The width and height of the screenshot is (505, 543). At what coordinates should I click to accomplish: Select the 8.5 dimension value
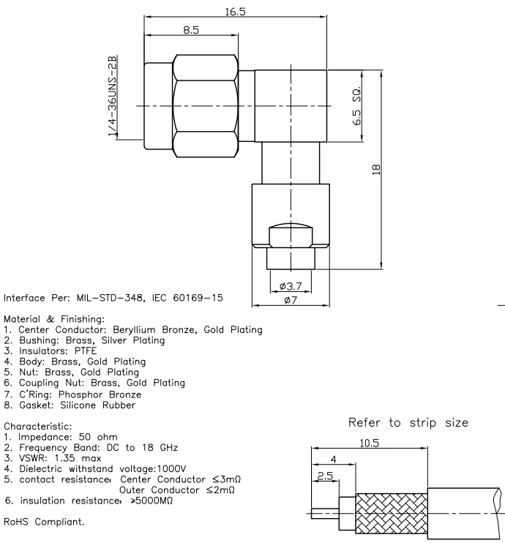click(191, 30)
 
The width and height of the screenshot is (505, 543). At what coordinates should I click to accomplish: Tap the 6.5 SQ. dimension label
click(356, 108)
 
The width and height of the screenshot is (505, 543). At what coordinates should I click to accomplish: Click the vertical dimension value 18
click(376, 169)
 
